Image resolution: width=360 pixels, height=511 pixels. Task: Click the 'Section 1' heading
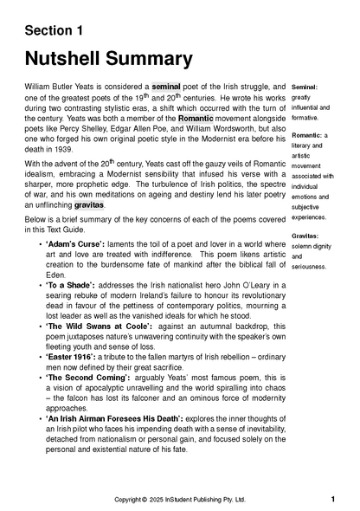pos(54,31)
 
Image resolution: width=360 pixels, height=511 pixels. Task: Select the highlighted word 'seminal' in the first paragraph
pos(171,87)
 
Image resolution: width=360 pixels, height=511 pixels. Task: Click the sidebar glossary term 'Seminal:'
pos(305,88)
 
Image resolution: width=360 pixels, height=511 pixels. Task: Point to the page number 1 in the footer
pos(333,500)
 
